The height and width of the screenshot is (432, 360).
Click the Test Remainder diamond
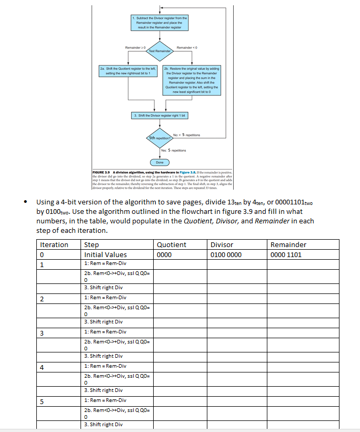(x=159, y=51)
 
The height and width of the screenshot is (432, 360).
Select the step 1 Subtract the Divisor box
(x=159, y=22)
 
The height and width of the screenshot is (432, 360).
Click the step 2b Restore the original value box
(x=192, y=80)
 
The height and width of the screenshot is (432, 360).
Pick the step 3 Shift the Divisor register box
(x=159, y=115)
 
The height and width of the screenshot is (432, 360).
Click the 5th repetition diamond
(x=159, y=138)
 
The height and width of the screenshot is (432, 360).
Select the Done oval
(x=159, y=162)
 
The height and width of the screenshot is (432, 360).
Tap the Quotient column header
(x=172, y=244)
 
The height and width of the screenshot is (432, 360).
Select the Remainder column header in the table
(x=288, y=244)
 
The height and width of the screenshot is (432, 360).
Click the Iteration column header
(x=54, y=244)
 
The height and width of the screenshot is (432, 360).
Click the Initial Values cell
(x=105, y=254)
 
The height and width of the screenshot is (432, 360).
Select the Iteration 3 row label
(x=43, y=332)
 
